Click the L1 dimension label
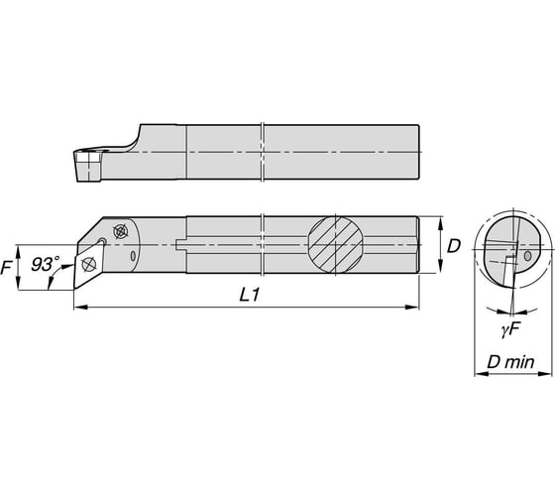(250, 295)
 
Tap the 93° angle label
(46, 264)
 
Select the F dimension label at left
(6, 267)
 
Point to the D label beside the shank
(454, 246)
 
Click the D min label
(510, 362)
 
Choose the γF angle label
(510, 331)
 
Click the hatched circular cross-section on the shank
(335, 244)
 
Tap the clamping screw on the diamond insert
(88, 264)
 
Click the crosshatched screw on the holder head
(120, 231)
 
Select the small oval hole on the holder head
(133, 256)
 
